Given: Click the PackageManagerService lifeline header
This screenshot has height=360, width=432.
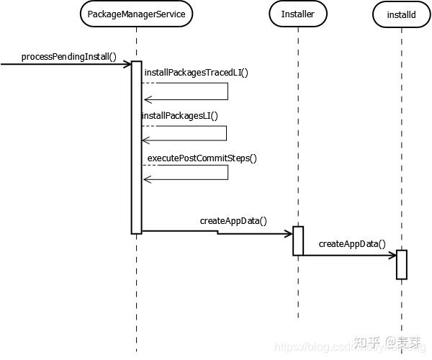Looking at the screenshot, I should coord(136,14).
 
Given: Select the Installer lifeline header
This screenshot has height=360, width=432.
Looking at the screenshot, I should coord(297,14).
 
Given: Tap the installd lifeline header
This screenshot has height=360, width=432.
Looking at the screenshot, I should coord(401,14).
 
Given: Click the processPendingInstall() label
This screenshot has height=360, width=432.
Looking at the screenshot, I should coord(69,56).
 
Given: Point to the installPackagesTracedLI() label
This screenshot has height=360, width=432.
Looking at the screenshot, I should coord(197,73).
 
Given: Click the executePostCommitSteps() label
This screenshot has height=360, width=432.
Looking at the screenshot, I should coord(202,158).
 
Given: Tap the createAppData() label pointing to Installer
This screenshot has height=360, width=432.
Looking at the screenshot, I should coord(233,220).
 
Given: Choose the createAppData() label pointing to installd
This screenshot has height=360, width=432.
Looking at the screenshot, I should coord(352,243).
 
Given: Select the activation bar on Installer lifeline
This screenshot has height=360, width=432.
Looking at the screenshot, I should coord(297,240).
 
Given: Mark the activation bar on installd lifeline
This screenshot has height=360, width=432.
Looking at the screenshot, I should coord(401,264).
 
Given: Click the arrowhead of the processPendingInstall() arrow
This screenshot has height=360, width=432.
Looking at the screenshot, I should coord(127,64).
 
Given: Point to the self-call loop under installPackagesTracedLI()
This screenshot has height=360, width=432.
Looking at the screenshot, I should coord(228,91).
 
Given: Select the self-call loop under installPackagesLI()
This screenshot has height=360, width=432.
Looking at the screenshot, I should coord(226,133).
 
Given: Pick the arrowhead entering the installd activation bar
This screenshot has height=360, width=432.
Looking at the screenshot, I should coord(392,255).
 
